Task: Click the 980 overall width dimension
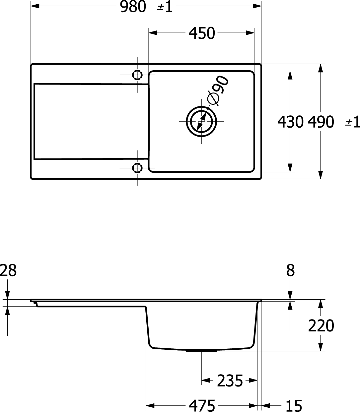click(x=133, y=7)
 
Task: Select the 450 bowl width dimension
click(x=202, y=33)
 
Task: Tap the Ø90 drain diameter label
click(x=217, y=90)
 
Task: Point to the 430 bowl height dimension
click(x=290, y=122)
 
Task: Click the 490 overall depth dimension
click(x=321, y=122)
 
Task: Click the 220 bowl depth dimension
click(x=321, y=325)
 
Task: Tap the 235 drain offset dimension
click(x=230, y=381)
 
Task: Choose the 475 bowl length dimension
click(x=202, y=406)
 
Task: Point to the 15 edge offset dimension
click(x=294, y=406)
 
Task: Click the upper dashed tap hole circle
click(x=137, y=75)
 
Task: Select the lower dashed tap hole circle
click(x=137, y=168)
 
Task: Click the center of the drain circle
click(x=201, y=121)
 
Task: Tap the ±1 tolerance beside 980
click(x=165, y=7)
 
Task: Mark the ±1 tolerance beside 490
click(x=352, y=122)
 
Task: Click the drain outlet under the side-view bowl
click(x=201, y=351)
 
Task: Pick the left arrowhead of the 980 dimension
click(x=35, y=6)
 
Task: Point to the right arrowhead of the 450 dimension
click(x=250, y=33)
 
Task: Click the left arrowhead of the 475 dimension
click(x=150, y=406)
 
